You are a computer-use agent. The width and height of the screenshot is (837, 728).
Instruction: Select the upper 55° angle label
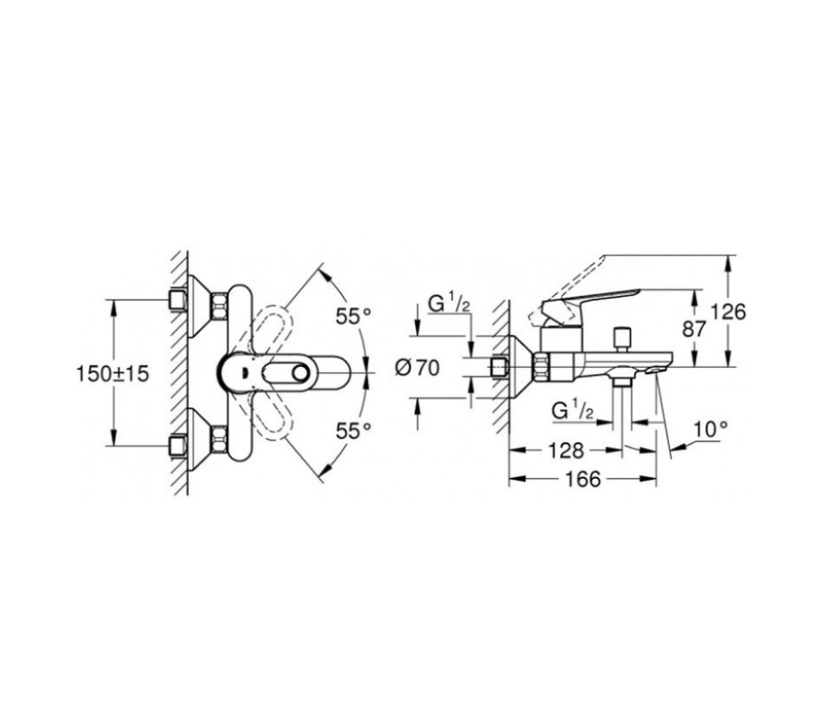[354, 316]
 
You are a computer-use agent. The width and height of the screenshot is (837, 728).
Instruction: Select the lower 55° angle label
[354, 429]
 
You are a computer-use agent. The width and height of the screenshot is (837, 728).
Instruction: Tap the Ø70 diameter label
[416, 368]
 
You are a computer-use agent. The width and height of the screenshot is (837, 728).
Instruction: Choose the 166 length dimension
[582, 480]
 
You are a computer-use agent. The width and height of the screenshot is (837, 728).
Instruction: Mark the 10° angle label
[711, 429]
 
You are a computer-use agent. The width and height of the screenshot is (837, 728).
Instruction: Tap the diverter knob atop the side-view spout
[624, 336]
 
